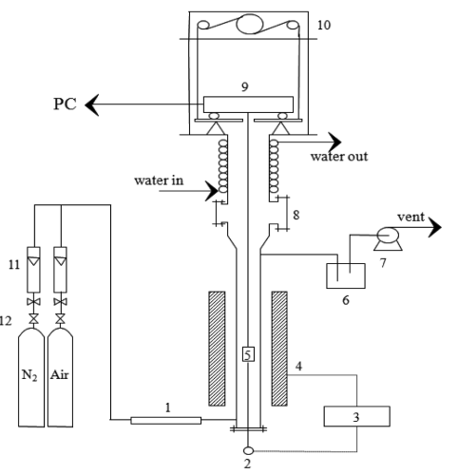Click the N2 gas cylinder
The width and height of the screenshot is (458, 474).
[x=31, y=377]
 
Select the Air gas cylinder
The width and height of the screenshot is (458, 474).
[x=60, y=377]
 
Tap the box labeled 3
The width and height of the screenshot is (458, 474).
[x=356, y=416]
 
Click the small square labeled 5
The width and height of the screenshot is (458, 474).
[x=248, y=354]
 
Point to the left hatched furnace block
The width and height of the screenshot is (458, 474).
[x=217, y=349]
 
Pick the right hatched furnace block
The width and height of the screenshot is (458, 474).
[x=279, y=349]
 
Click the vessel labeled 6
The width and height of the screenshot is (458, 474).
[x=346, y=275]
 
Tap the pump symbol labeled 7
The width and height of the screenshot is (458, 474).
[x=388, y=238]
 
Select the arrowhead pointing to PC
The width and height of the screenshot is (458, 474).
[x=92, y=104]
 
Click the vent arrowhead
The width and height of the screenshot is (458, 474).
[x=434, y=227]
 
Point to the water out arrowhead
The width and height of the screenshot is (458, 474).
[x=334, y=142]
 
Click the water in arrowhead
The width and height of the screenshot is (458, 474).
[x=212, y=191]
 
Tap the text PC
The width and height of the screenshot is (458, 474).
[x=65, y=104]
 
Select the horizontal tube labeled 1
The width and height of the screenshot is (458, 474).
[x=166, y=421]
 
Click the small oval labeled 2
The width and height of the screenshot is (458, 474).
[x=248, y=450]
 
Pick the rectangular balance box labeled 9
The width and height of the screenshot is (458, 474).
[x=248, y=104]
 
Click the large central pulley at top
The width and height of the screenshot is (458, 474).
[x=250, y=25]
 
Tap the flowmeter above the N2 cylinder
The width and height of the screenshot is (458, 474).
[x=33, y=270]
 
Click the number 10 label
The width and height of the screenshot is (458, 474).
[x=324, y=25]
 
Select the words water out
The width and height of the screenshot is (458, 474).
[x=339, y=157]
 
